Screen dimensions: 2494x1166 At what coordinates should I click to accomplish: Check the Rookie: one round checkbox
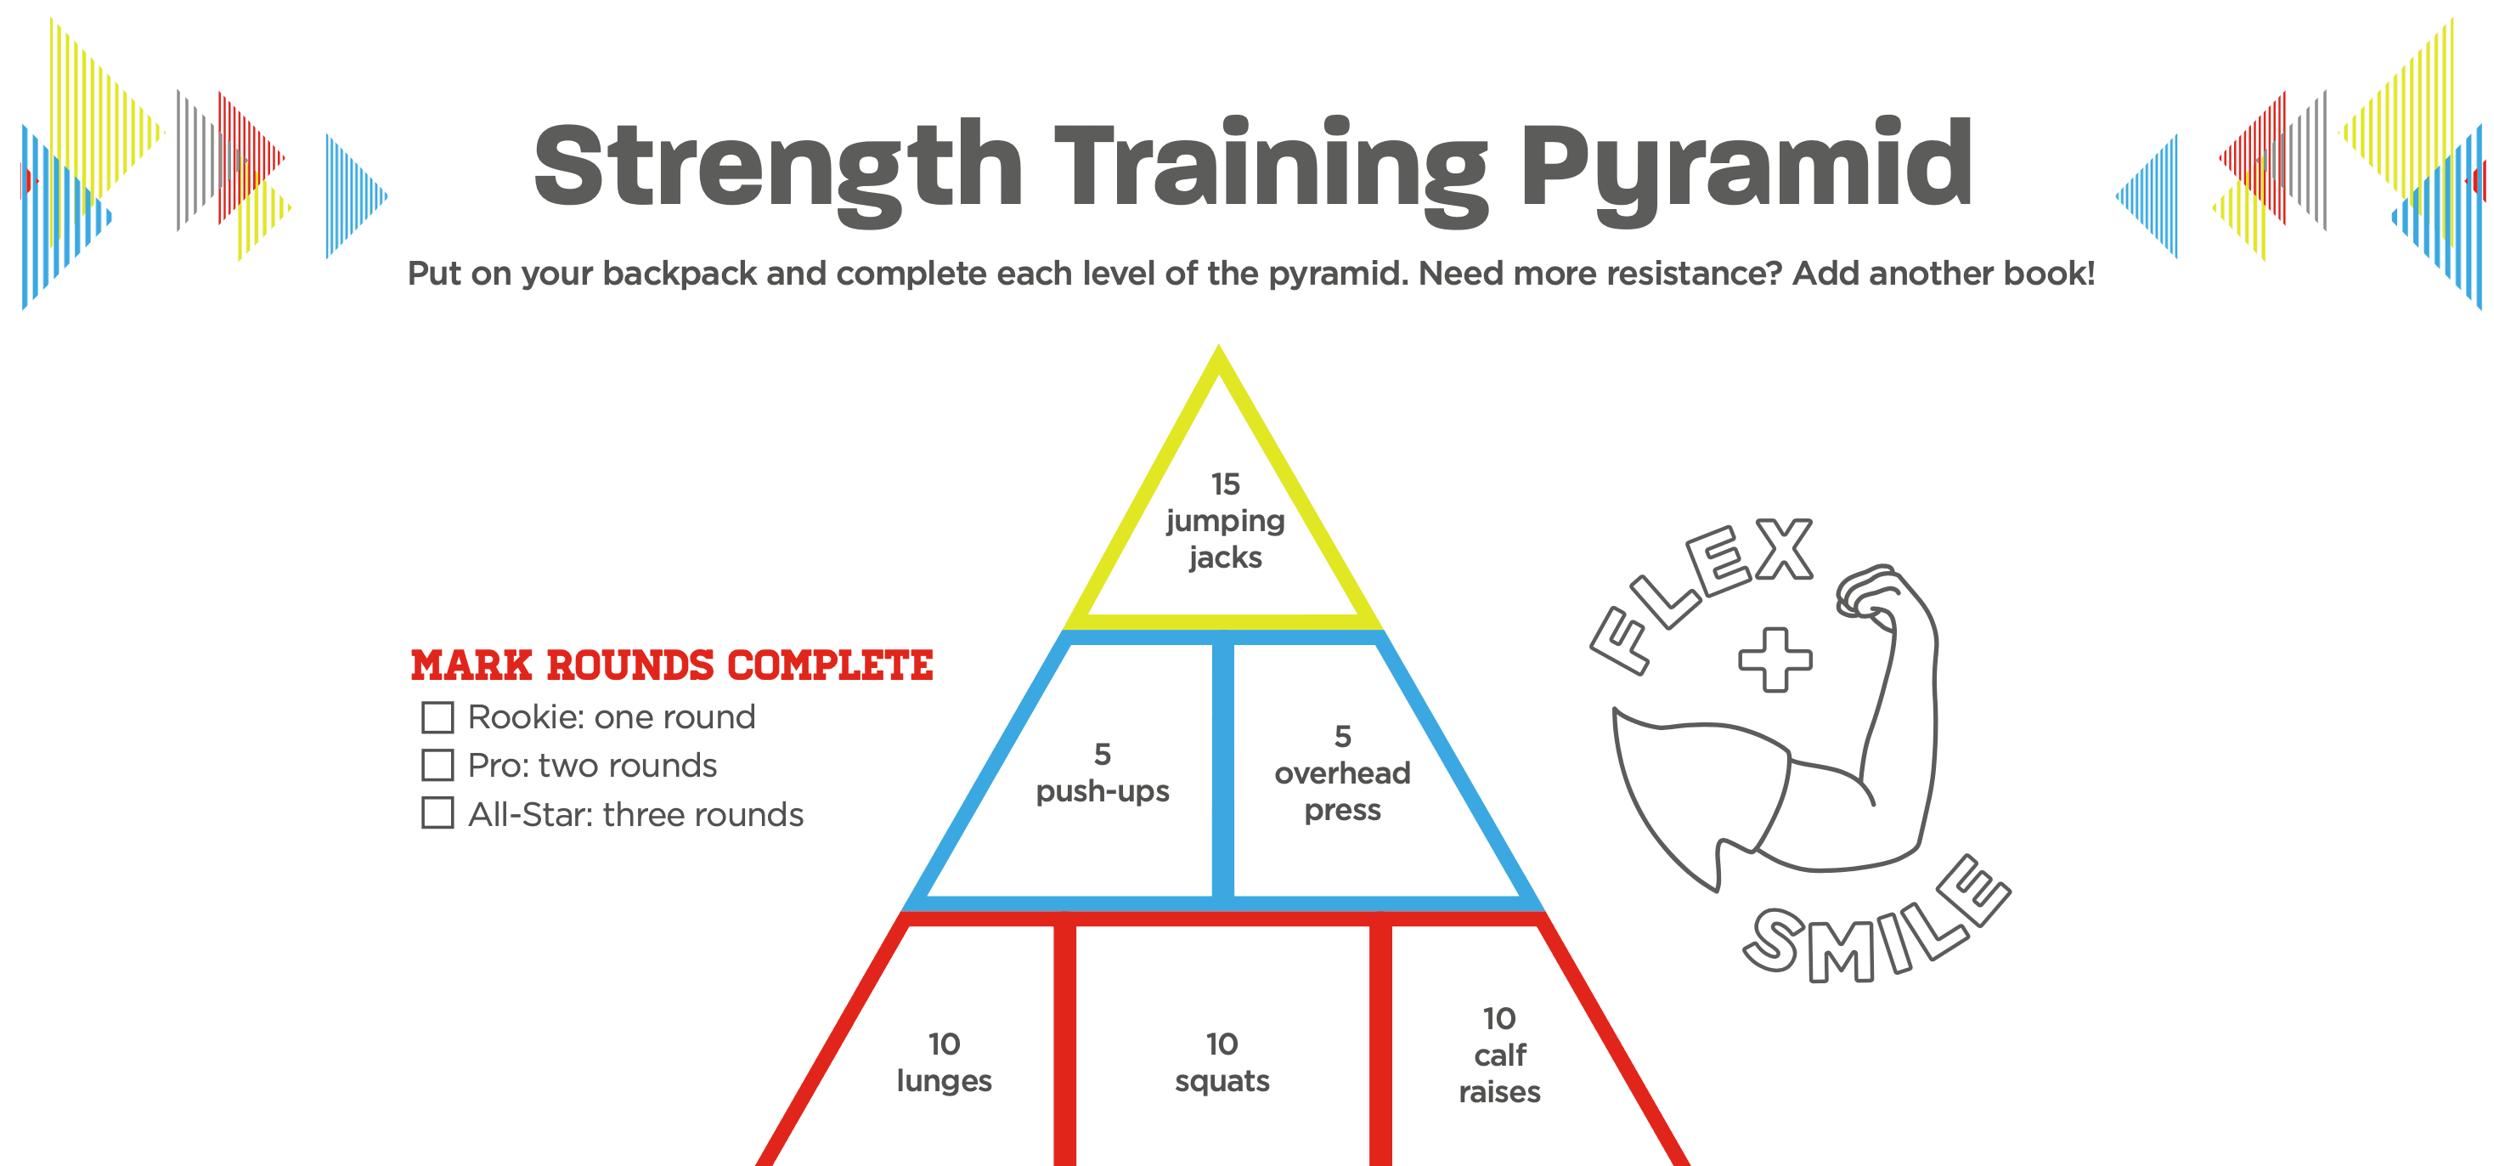pos(437,717)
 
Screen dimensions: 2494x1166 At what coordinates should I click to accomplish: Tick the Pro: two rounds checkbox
pos(437,765)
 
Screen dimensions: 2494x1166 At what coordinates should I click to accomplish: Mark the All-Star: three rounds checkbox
pos(437,812)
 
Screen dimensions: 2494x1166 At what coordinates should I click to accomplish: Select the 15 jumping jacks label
pos(1225,521)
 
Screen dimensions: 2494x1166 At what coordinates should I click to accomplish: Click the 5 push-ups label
pos(1103,773)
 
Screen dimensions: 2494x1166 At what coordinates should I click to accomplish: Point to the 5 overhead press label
pos(1343,773)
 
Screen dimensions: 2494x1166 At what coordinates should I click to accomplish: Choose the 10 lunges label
pos(944,1062)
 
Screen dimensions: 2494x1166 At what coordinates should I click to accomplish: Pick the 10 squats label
pos(1222,1062)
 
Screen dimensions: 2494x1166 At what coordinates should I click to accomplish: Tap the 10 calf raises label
pos(1499,1056)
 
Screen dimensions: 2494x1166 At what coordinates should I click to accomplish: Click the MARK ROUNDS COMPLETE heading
pos(672,665)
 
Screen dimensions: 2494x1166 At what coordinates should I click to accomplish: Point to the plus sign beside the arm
pos(1775,659)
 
